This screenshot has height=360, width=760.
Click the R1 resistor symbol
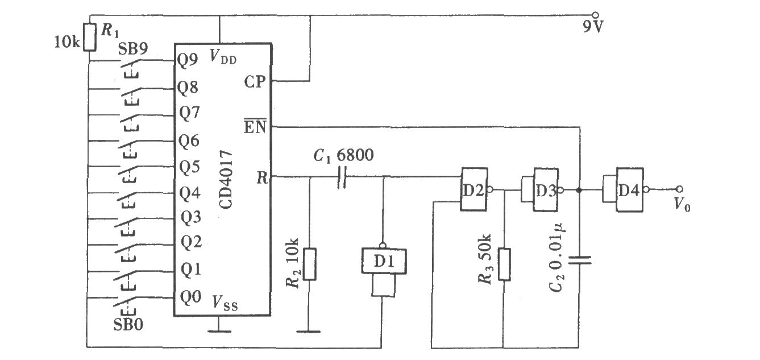click(90, 37)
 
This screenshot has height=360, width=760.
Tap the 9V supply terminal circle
click(595, 15)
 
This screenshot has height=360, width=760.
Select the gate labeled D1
click(384, 260)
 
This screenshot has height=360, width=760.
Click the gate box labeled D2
click(474, 189)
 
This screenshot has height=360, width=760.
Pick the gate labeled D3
click(546, 189)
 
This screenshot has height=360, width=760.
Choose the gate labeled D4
click(629, 190)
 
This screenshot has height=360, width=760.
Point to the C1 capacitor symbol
click(342, 177)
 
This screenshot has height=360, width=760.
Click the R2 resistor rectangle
click(309, 264)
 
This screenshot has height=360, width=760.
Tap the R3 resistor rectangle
click(504, 264)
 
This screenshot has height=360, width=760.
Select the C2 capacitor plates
click(579, 260)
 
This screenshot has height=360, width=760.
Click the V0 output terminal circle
click(679, 189)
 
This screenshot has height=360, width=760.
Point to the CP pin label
click(255, 82)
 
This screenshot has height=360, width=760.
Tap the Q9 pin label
click(188, 60)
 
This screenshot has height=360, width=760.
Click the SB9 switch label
click(132, 49)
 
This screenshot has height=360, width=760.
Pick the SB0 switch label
click(128, 324)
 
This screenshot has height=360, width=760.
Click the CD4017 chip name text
click(226, 180)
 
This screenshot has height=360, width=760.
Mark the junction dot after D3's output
click(579, 190)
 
